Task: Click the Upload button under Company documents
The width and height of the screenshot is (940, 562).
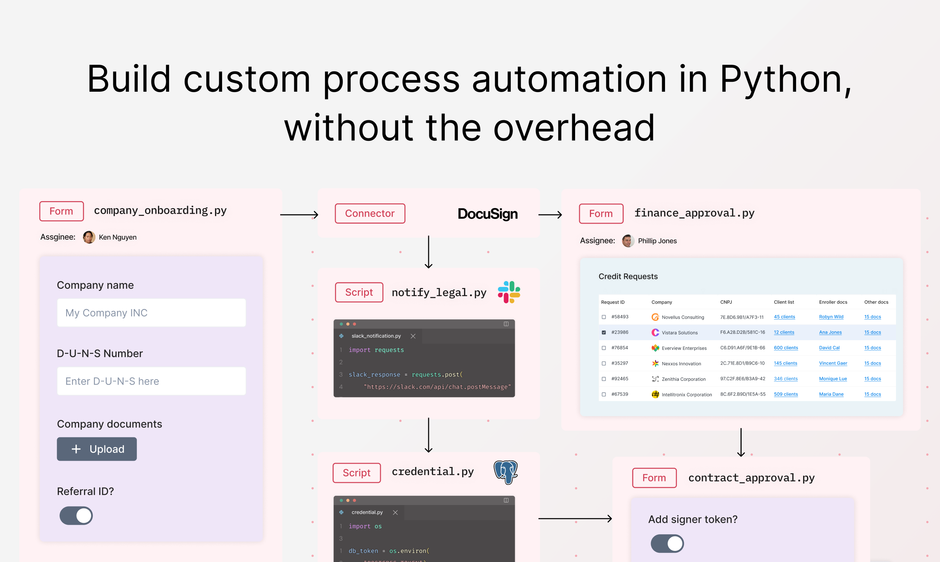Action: click(x=97, y=449)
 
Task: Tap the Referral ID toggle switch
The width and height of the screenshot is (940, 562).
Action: click(x=76, y=515)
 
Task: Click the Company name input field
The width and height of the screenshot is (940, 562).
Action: click(x=151, y=313)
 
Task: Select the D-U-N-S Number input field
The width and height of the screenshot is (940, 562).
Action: click(x=151, y=381)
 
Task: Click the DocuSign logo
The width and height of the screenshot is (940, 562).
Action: click(x=487, y=214)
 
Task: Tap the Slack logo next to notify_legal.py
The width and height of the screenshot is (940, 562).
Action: click(x=508, y=292)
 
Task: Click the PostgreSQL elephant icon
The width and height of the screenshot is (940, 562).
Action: click(x=506, y=472)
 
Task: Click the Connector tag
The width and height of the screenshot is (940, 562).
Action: click(x=370, y=214)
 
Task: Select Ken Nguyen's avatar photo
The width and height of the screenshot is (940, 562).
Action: click(x=89, y=237)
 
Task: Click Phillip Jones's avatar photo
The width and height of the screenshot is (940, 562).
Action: click(x=628, y=241)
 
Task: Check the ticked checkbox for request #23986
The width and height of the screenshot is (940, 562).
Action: click(x=604, y=332)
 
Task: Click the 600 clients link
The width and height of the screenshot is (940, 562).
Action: click(x=786, y=348)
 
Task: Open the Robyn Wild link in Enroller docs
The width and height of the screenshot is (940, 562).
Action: click(x=831, y=316)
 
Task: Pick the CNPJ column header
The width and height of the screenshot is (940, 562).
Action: click(x=726, y=302)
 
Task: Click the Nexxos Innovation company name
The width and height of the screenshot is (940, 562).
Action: click(x=681, y=363)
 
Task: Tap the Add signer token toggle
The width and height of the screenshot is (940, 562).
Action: click(x=667, y=544)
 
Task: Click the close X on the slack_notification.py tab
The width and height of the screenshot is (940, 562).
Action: click(x=413, y=336)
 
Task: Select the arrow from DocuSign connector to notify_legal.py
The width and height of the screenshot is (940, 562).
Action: click(x=428, y=252)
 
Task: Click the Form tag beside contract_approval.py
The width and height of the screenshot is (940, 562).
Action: click(x=654, y=478)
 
